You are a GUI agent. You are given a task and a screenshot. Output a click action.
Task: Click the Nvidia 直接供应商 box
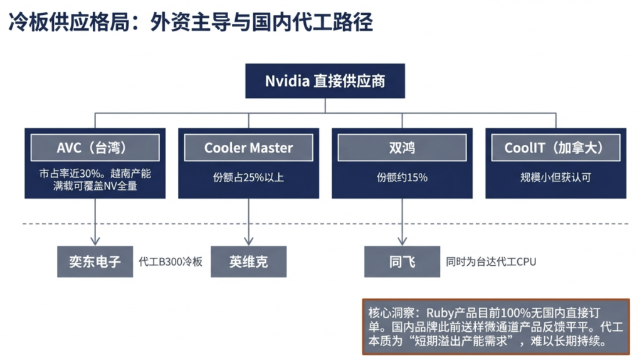coord(325,81)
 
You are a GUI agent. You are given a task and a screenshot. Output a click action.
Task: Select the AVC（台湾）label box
coord(95,148)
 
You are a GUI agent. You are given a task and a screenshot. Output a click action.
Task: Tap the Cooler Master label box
coord(248,148)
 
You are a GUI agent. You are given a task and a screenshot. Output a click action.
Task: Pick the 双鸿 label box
coord(402,148)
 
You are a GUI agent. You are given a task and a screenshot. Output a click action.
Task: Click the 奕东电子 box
coord(95,261)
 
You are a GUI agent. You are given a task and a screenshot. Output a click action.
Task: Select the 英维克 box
coord(248,261)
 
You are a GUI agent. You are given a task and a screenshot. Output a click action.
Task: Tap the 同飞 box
coord(402,261)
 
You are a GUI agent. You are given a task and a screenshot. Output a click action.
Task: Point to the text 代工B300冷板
coord(171,262)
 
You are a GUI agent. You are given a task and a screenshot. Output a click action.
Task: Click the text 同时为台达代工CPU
coord(491,262)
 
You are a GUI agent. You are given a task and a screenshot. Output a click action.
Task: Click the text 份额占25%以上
coord(248,177)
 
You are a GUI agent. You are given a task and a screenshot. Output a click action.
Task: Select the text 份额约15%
coord(402,177)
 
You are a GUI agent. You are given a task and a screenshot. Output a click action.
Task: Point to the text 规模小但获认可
coord(555,177)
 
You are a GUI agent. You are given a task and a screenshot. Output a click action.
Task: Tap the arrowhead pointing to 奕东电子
coord(95,240)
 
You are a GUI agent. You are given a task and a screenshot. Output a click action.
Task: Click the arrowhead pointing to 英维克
coord(248,240)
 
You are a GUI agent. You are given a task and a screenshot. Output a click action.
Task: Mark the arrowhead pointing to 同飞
coord(402,240)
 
